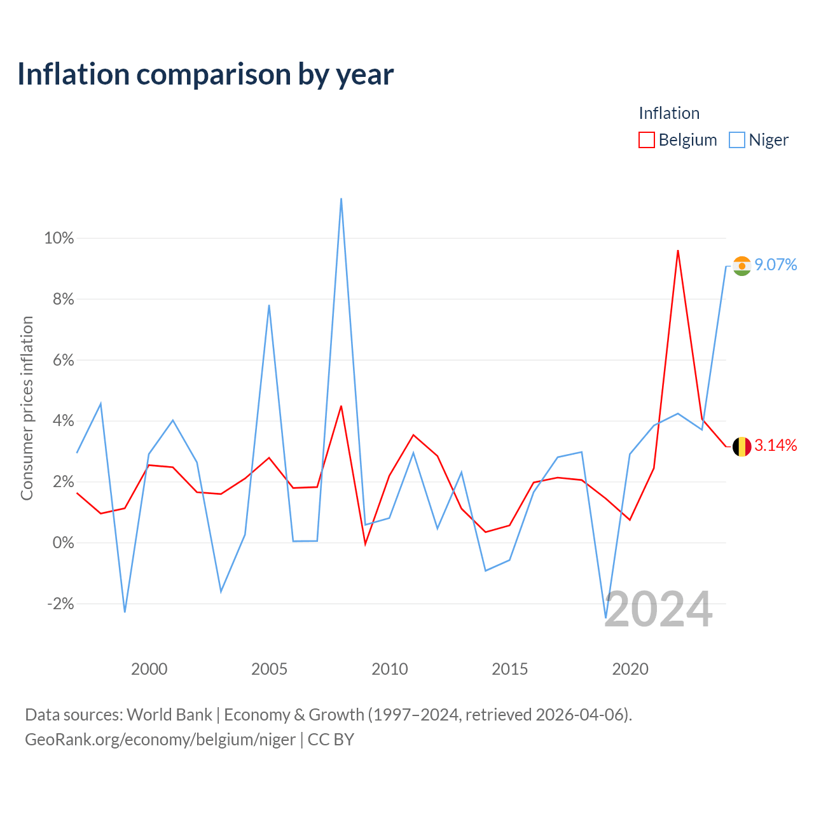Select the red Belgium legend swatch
[646, 140]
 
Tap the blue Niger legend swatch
[736, 140]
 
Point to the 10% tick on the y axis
[59, 238]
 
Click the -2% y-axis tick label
[60, 604]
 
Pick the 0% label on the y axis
[64, 543]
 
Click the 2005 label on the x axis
[269, 669]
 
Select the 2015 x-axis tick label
[510, 669]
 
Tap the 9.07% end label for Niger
[776, 265]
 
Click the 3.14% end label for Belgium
[776, 445]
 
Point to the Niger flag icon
[742, 266]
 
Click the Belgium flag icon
[742, 446]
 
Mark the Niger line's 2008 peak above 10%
[341, 198]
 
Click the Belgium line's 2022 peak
[678, 251]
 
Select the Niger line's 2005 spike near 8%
[269, 305]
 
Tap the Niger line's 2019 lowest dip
[606, 618]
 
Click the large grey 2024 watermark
[659, 609]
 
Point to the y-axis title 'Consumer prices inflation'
[27, 408]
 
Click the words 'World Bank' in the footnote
[169, 715]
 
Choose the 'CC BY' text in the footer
[331, 740]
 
